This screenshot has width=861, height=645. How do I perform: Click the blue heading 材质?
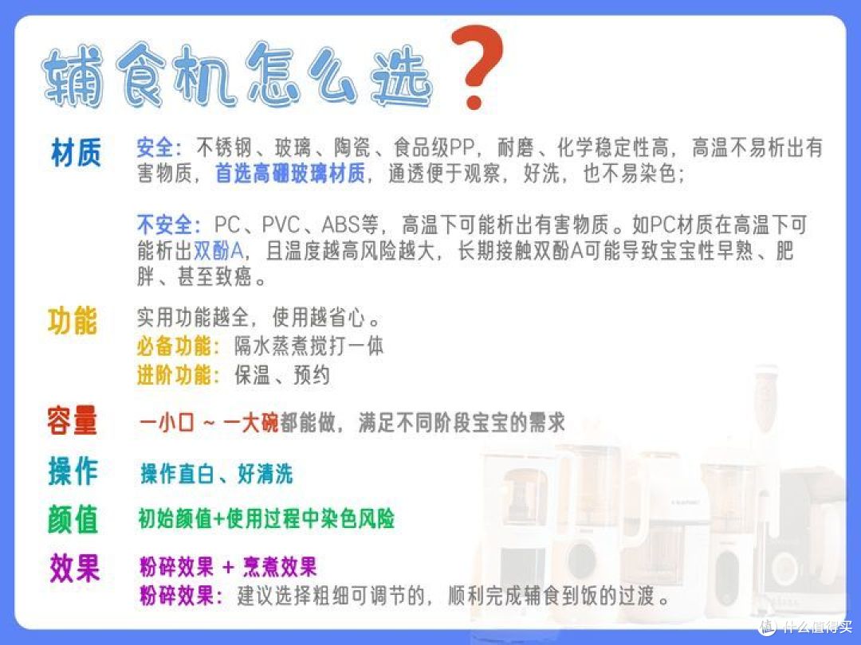click(x=76, y=153)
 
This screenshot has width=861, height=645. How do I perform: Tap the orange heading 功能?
click(x=73, y=321)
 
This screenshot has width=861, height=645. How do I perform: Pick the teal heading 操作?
click(x=73, y=472)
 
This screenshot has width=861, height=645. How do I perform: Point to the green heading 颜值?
click(x=73, y=519)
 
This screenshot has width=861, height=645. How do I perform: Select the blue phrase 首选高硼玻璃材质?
click(x=289, y=174)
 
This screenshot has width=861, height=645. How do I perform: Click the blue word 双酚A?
click(x=218, y=252)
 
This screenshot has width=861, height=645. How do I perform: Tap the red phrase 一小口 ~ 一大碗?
click(x=209, y=422)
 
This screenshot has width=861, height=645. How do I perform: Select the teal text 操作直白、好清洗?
click(x=217, y=474)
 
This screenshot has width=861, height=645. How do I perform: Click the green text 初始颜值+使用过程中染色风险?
click(x=266, y=519)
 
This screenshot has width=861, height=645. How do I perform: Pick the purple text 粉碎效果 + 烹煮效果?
click(x=228, y=567)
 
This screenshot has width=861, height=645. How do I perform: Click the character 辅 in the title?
click(x=74, y=78)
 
